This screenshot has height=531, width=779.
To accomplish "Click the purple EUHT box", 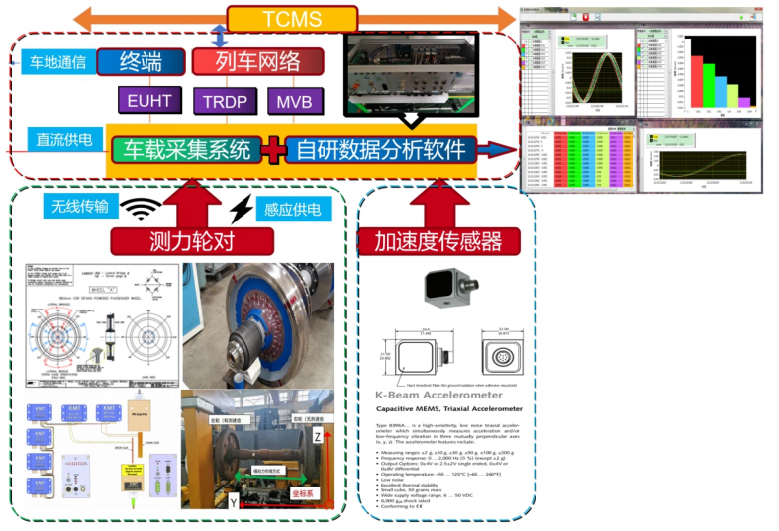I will (150, 101).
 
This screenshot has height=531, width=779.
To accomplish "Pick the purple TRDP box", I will (227, 101).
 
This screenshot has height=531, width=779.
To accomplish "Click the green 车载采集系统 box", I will (187, 150).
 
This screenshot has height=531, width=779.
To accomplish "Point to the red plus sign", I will (273, 150).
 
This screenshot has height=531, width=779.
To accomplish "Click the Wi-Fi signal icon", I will (146, 209).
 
